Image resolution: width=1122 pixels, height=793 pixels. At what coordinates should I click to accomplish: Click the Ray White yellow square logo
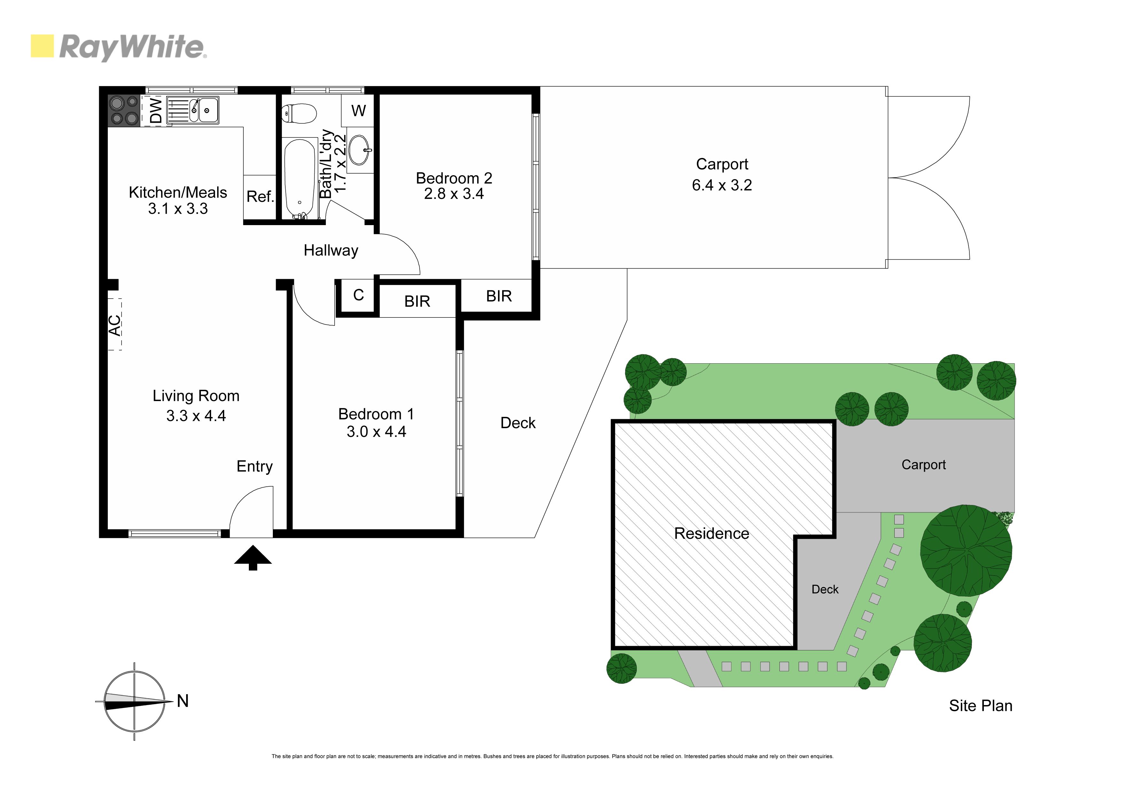coord(42,46)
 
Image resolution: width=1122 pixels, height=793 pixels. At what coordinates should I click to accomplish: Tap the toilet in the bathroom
coord(300,114)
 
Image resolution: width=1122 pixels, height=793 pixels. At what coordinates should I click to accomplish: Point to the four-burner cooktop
coord(124,110)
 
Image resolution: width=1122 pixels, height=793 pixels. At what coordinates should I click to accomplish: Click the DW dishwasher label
coord(155,110)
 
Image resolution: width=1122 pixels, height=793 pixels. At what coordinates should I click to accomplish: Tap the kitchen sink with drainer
coord(193,110)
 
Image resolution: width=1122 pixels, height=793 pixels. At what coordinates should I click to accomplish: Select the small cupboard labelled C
coord(358,295)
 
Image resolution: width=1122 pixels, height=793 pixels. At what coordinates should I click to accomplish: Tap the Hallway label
coord(331,251)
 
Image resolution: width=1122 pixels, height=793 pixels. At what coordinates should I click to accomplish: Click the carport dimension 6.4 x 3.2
coord(722,185)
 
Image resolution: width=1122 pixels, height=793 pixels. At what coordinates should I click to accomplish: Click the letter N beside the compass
coord(183,701)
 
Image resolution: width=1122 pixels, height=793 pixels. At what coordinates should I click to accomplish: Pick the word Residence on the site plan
coord(712,534)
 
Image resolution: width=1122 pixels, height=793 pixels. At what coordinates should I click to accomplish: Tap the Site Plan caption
coord(980,705)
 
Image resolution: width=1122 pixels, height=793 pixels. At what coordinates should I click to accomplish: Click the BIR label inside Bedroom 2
coord(499,296)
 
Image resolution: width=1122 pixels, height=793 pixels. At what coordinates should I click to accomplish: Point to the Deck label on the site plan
coord(825,590)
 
